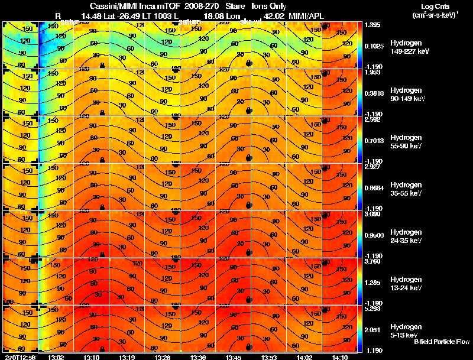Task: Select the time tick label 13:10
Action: click(92, 357)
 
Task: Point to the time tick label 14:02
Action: click(304, 357)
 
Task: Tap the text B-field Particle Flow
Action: click(441, 342)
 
